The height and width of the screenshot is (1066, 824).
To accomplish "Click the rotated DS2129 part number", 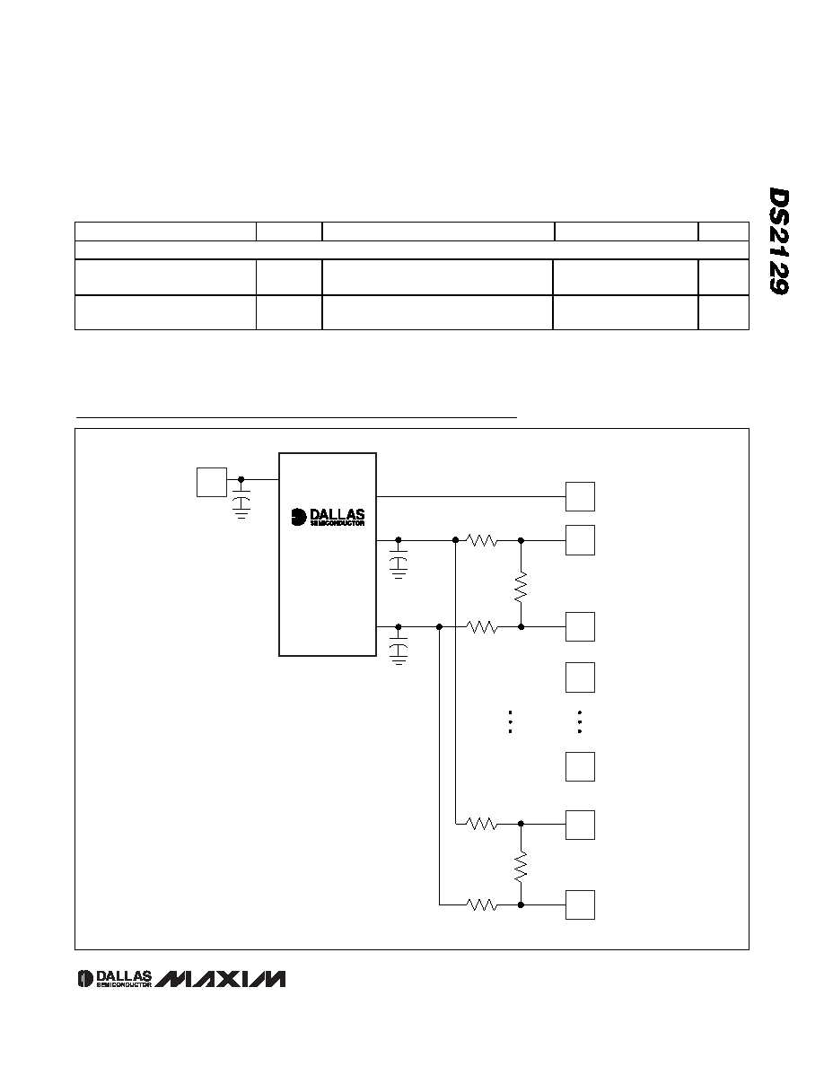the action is pos(779,241).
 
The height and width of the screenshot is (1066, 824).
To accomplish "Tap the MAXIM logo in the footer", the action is pos(221,978).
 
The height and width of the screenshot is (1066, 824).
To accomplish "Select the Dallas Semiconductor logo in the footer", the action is pos(114,978).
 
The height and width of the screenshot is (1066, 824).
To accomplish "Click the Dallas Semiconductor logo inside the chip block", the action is pos(328,518).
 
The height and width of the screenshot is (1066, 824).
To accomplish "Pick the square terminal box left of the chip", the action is pos(212,482).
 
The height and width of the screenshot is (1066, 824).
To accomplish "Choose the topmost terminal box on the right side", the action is pos(580,496).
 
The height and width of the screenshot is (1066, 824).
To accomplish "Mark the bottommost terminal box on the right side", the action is pos(580,904).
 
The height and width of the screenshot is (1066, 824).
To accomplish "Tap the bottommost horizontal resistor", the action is pos(481,904).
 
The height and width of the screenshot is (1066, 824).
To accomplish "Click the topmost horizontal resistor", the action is pos(481,540).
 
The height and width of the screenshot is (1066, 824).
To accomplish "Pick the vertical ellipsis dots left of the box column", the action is pos(509,722).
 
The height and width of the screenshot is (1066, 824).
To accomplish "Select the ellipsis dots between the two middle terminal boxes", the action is pos(579,722).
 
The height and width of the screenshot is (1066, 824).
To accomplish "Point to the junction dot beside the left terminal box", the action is pos(241,479).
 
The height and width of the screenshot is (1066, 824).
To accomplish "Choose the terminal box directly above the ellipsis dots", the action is pos(580,677).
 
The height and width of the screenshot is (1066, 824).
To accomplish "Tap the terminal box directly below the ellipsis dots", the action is pos(580,767).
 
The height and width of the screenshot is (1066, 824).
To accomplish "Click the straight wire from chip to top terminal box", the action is pos(471,496).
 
